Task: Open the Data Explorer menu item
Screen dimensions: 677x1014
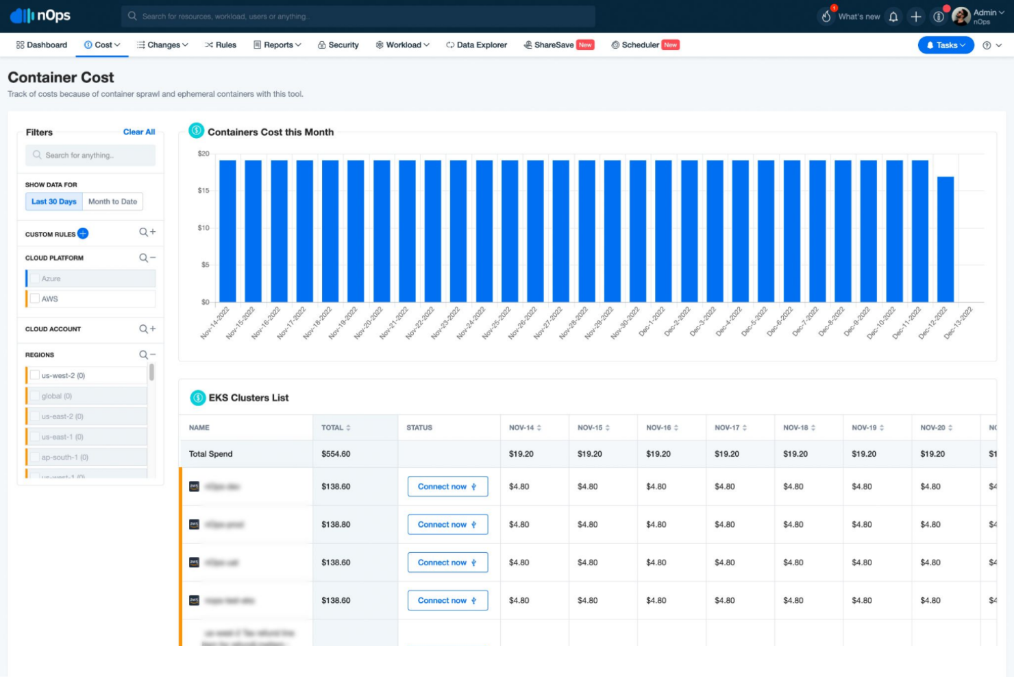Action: (477, 45)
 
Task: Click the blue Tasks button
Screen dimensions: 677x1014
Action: (945, 45)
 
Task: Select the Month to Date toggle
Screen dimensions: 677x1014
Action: (112, 202)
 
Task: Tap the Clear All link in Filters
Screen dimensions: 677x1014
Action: (139, 132)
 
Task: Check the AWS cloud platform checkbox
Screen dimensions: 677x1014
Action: (35, 299)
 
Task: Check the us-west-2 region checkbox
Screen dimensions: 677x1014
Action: (35, 376)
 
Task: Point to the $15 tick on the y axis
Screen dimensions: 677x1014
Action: (203, 191)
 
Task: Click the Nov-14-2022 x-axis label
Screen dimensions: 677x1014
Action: (215, 322)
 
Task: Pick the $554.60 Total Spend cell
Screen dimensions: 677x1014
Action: (336, 454)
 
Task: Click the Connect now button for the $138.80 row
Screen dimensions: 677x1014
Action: (447, 525)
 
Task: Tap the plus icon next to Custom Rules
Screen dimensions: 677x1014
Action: (83, 234)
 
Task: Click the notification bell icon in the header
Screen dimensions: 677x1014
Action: (893, 16)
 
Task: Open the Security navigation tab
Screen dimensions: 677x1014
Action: (338, 45)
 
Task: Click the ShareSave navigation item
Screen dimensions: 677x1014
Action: (554, 45)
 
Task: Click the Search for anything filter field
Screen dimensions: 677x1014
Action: (91, 156)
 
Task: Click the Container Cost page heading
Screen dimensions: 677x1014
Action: (61, 78)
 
